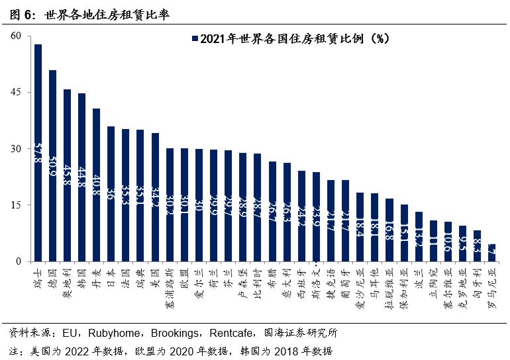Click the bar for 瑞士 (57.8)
38,152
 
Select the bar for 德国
52,165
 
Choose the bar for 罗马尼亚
491,253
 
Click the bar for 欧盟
184,204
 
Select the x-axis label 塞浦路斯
170,284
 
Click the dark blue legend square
193,39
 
